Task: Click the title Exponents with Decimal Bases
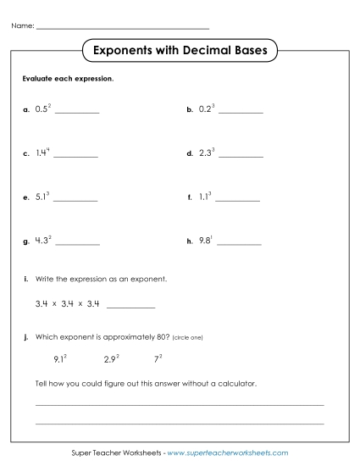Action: (x=179, y=51)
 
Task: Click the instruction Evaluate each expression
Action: (x=67, y=79)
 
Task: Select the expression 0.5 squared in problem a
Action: (x=43, y=109)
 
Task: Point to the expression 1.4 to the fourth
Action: (x=42, y=153)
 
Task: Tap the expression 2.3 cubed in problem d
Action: (x=207, y=153)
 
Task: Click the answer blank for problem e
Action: (x=76, y=200)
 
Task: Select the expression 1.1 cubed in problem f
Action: (x=204, y=197)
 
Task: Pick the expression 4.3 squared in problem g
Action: (x=43, y=241)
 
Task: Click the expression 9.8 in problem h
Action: (x=204, y=241)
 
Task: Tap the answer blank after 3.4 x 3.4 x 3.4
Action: (x=131, y=306)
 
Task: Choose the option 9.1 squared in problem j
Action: (x=60, y=358)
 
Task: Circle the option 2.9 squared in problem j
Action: (x=111, y=358)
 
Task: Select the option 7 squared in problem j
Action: (x=158, y=358)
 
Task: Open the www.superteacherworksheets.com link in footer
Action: (x=228, y=453)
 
